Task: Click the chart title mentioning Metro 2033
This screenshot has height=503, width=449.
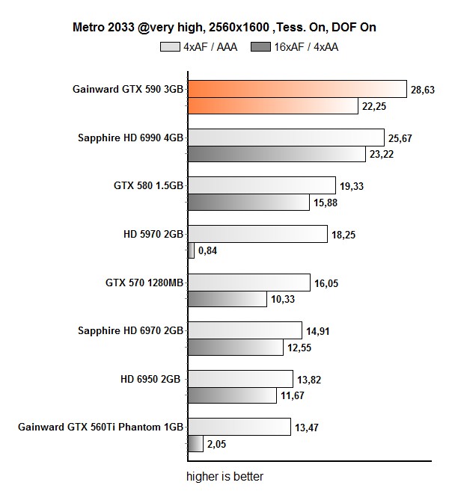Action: coord(224,28)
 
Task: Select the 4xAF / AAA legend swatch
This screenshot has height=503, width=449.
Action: coord(171,46)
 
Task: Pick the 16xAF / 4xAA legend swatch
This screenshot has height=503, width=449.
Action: coord(262,46)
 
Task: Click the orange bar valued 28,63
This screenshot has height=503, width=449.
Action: coord(296,89)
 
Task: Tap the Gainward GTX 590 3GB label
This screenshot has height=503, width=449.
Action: coord(128,89)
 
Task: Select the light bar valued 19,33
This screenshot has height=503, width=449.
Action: coord(260,185)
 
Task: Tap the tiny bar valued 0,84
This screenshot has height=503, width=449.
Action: coord(190,251)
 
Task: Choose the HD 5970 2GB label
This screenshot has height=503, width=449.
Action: coord(153,234)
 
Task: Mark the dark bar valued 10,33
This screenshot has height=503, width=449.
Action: coord(226,299)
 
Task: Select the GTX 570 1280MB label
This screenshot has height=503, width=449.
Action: coord(144,283)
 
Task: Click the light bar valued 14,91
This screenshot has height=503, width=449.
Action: coord(244,330)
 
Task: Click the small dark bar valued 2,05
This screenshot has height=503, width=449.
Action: coord(195,444)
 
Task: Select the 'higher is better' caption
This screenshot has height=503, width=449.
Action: coord(224,476)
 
